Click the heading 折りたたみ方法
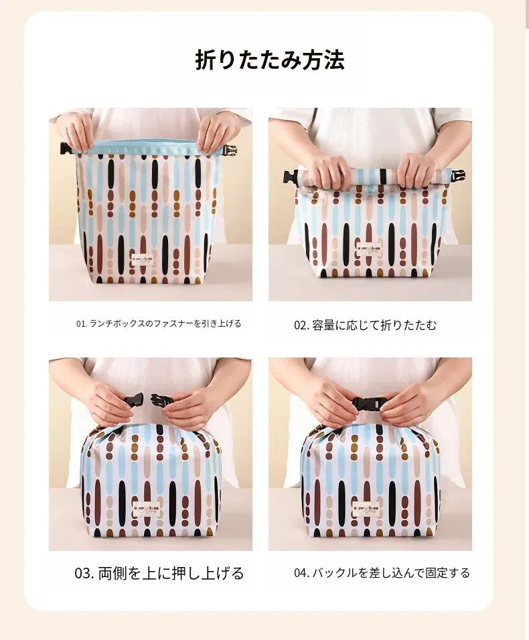point(270,60)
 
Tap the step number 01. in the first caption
point(82,323)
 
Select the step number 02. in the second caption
point(301,325)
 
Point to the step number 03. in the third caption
point(84,573)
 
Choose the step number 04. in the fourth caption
point(301,572)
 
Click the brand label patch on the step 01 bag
point(142,260)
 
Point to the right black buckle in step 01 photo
point(230,151)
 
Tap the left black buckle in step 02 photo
point(292,177)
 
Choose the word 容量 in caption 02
point(323,325)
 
